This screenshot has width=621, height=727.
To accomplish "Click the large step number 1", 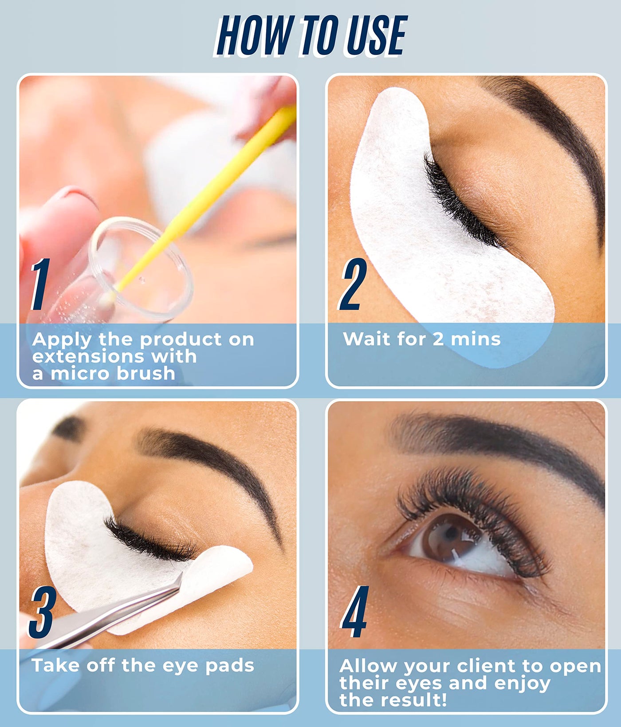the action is (x=40, y=284).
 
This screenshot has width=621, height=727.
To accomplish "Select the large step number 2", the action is (x=352, y=284).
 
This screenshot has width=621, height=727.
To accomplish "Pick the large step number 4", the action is (x=354, y=612).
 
